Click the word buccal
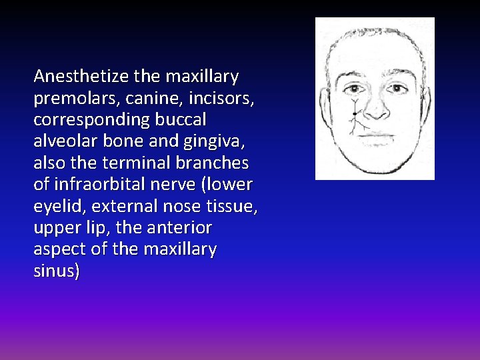tap(181, 120)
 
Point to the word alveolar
tap(63, 141)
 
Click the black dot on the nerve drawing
tap(354, 114)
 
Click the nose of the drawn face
tap(375, 112)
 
